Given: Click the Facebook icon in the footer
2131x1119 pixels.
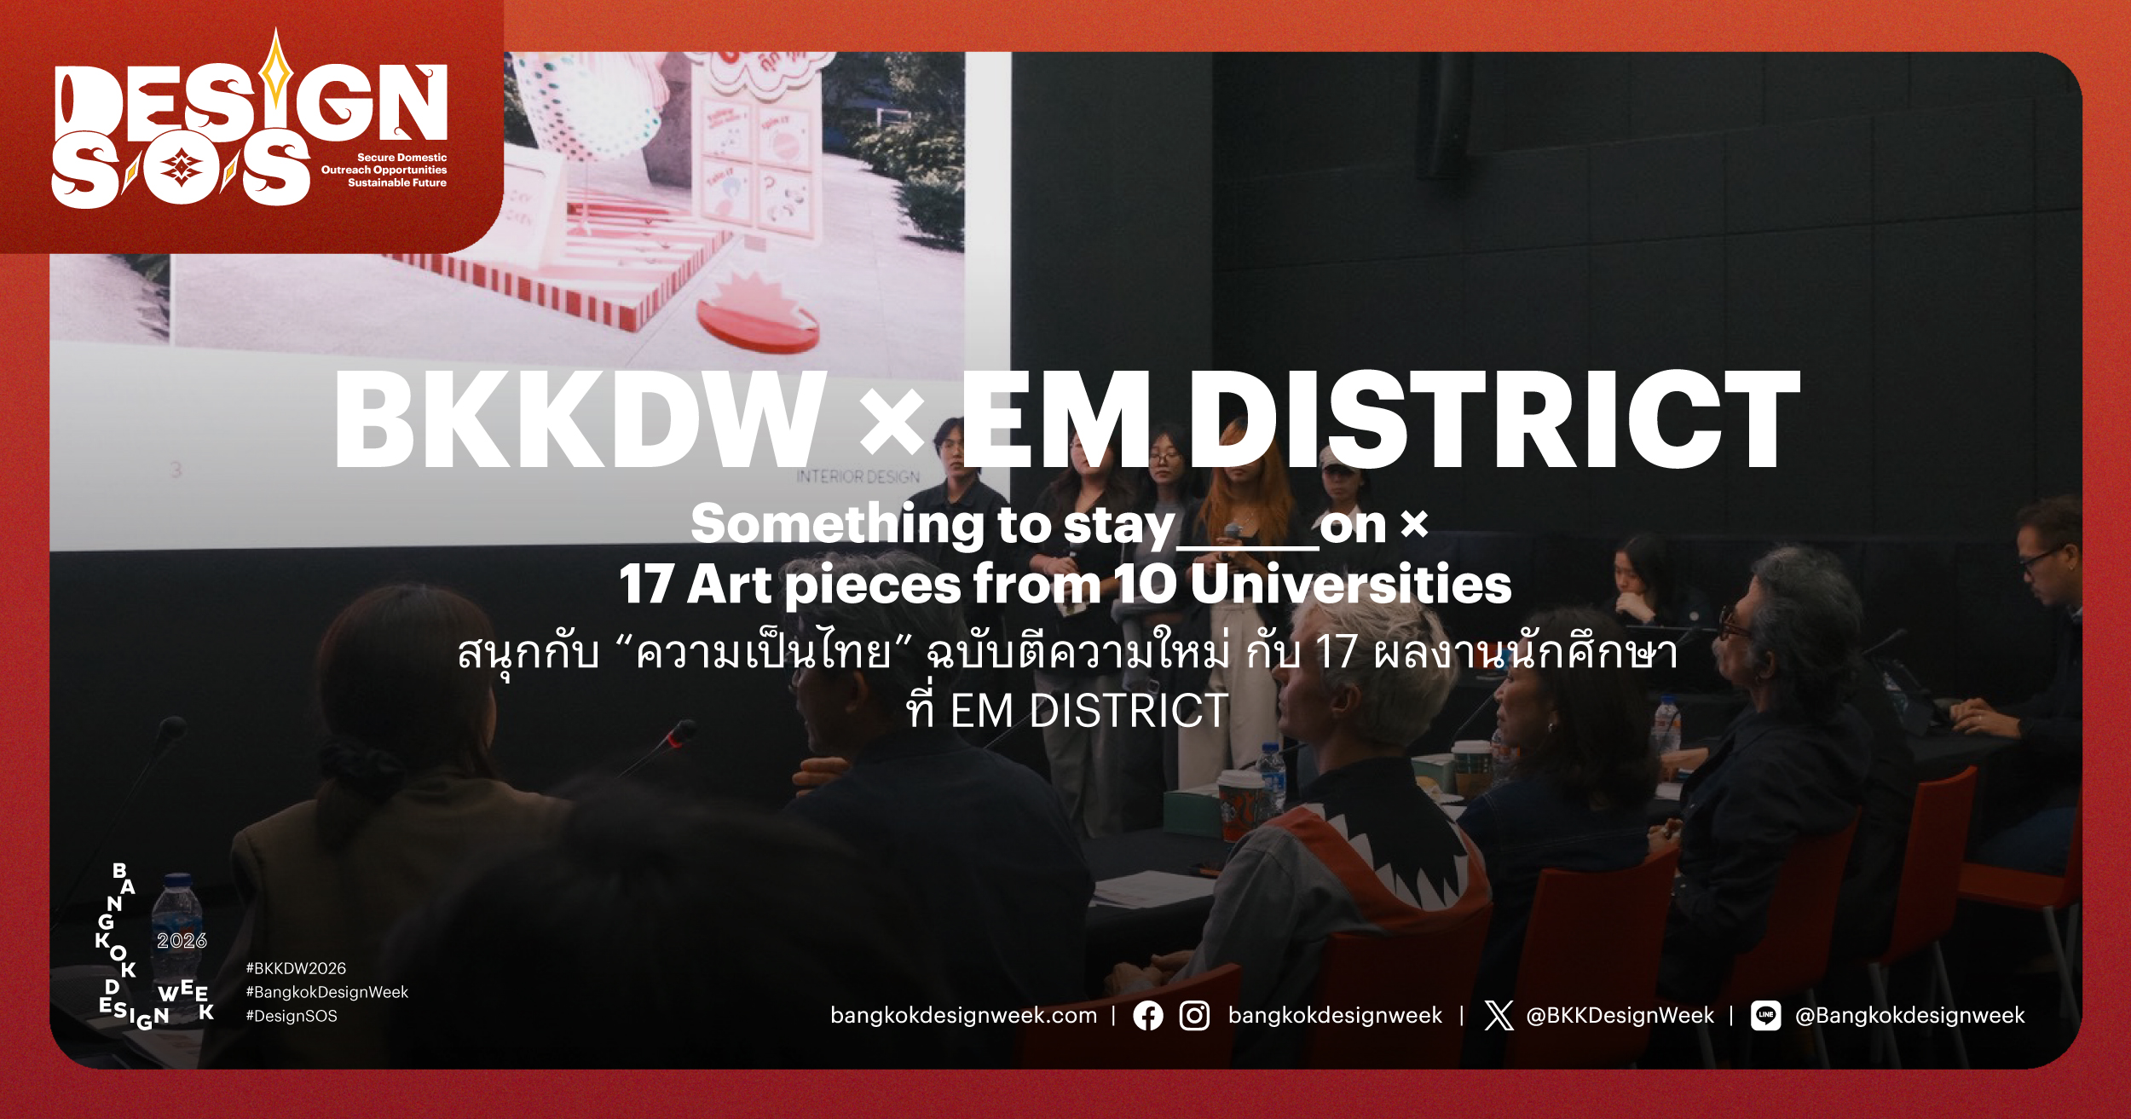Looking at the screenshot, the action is tap(1147, 1015).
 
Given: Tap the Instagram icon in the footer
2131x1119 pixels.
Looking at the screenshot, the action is tap(1194, 1015).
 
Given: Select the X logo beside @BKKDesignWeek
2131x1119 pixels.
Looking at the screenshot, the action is tap(1499, 1015).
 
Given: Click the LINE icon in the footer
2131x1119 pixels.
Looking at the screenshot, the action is tap(1765, 1015).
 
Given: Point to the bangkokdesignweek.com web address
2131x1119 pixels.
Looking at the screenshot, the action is tap(963, 1015).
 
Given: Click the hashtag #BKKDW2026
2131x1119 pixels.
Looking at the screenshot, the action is tap(296, 968).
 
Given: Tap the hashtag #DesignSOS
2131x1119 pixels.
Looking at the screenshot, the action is tap(292, 1016).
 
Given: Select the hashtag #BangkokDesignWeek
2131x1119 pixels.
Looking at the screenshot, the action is tap(327, 992).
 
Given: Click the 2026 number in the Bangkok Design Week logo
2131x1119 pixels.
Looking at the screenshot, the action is tap(182, 941).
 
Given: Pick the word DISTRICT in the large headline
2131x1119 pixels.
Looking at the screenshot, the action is tap(1493, 419).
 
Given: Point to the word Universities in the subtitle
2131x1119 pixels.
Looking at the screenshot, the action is tap(1351, 584).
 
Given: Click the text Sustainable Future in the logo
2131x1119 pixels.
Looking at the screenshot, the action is tap(397, 182).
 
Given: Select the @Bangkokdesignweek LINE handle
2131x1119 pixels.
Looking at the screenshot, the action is tap(1909, 1015).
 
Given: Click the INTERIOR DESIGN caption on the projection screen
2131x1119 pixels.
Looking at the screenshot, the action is tap(858, 476).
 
